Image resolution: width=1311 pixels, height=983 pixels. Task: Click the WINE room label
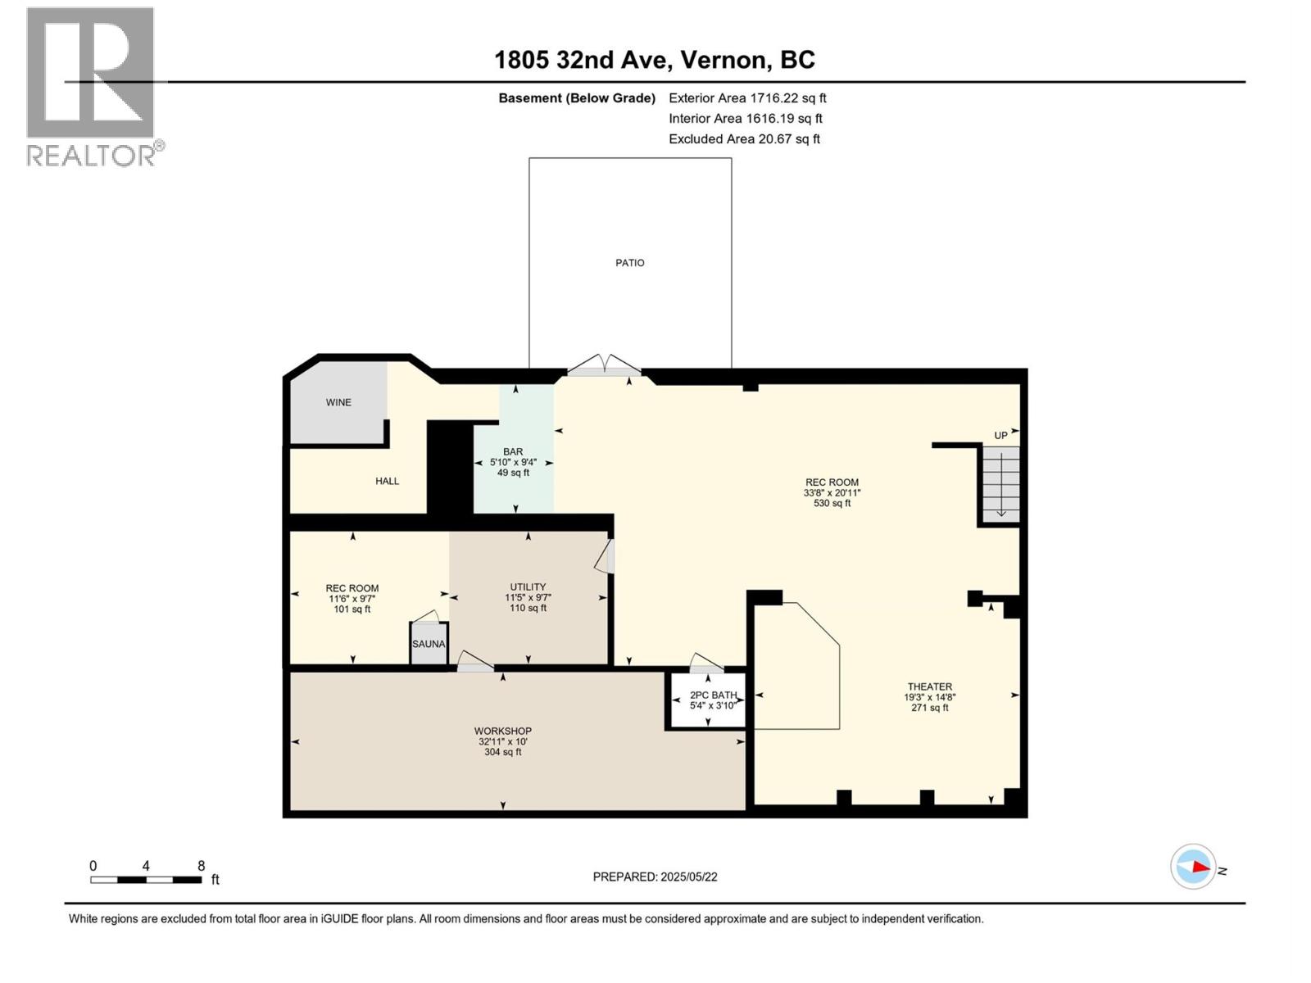click(338, 402)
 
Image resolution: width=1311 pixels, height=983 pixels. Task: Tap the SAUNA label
click(429, 644)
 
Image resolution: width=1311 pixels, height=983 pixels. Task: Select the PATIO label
click(630, 263)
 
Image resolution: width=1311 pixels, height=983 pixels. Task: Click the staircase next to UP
click(1001, 484)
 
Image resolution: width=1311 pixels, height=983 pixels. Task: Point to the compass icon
click(1193, 867)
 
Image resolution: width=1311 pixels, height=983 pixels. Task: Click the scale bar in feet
click(146, 880)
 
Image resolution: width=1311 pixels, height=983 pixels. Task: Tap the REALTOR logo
click(91, 85)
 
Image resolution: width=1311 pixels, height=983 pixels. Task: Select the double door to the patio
click(605, 365)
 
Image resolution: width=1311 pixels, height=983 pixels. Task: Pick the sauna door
click(425, 616)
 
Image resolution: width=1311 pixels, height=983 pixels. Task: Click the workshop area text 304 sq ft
click(502, 752)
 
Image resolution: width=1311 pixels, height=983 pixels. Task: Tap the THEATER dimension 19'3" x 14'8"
click(929, 697)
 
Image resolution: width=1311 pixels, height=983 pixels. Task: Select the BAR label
click(513, 451)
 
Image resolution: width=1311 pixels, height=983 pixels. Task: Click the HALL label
click(387, 481)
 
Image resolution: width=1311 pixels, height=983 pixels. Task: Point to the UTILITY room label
click(528, 587)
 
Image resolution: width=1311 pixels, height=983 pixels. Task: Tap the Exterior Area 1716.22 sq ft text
click(747, 98)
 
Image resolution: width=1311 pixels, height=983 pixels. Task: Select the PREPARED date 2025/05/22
click(655, 877)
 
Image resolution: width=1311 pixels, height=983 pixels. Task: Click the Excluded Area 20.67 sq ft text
click(744, 139)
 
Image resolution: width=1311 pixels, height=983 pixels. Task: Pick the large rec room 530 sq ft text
click(831, 504)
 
